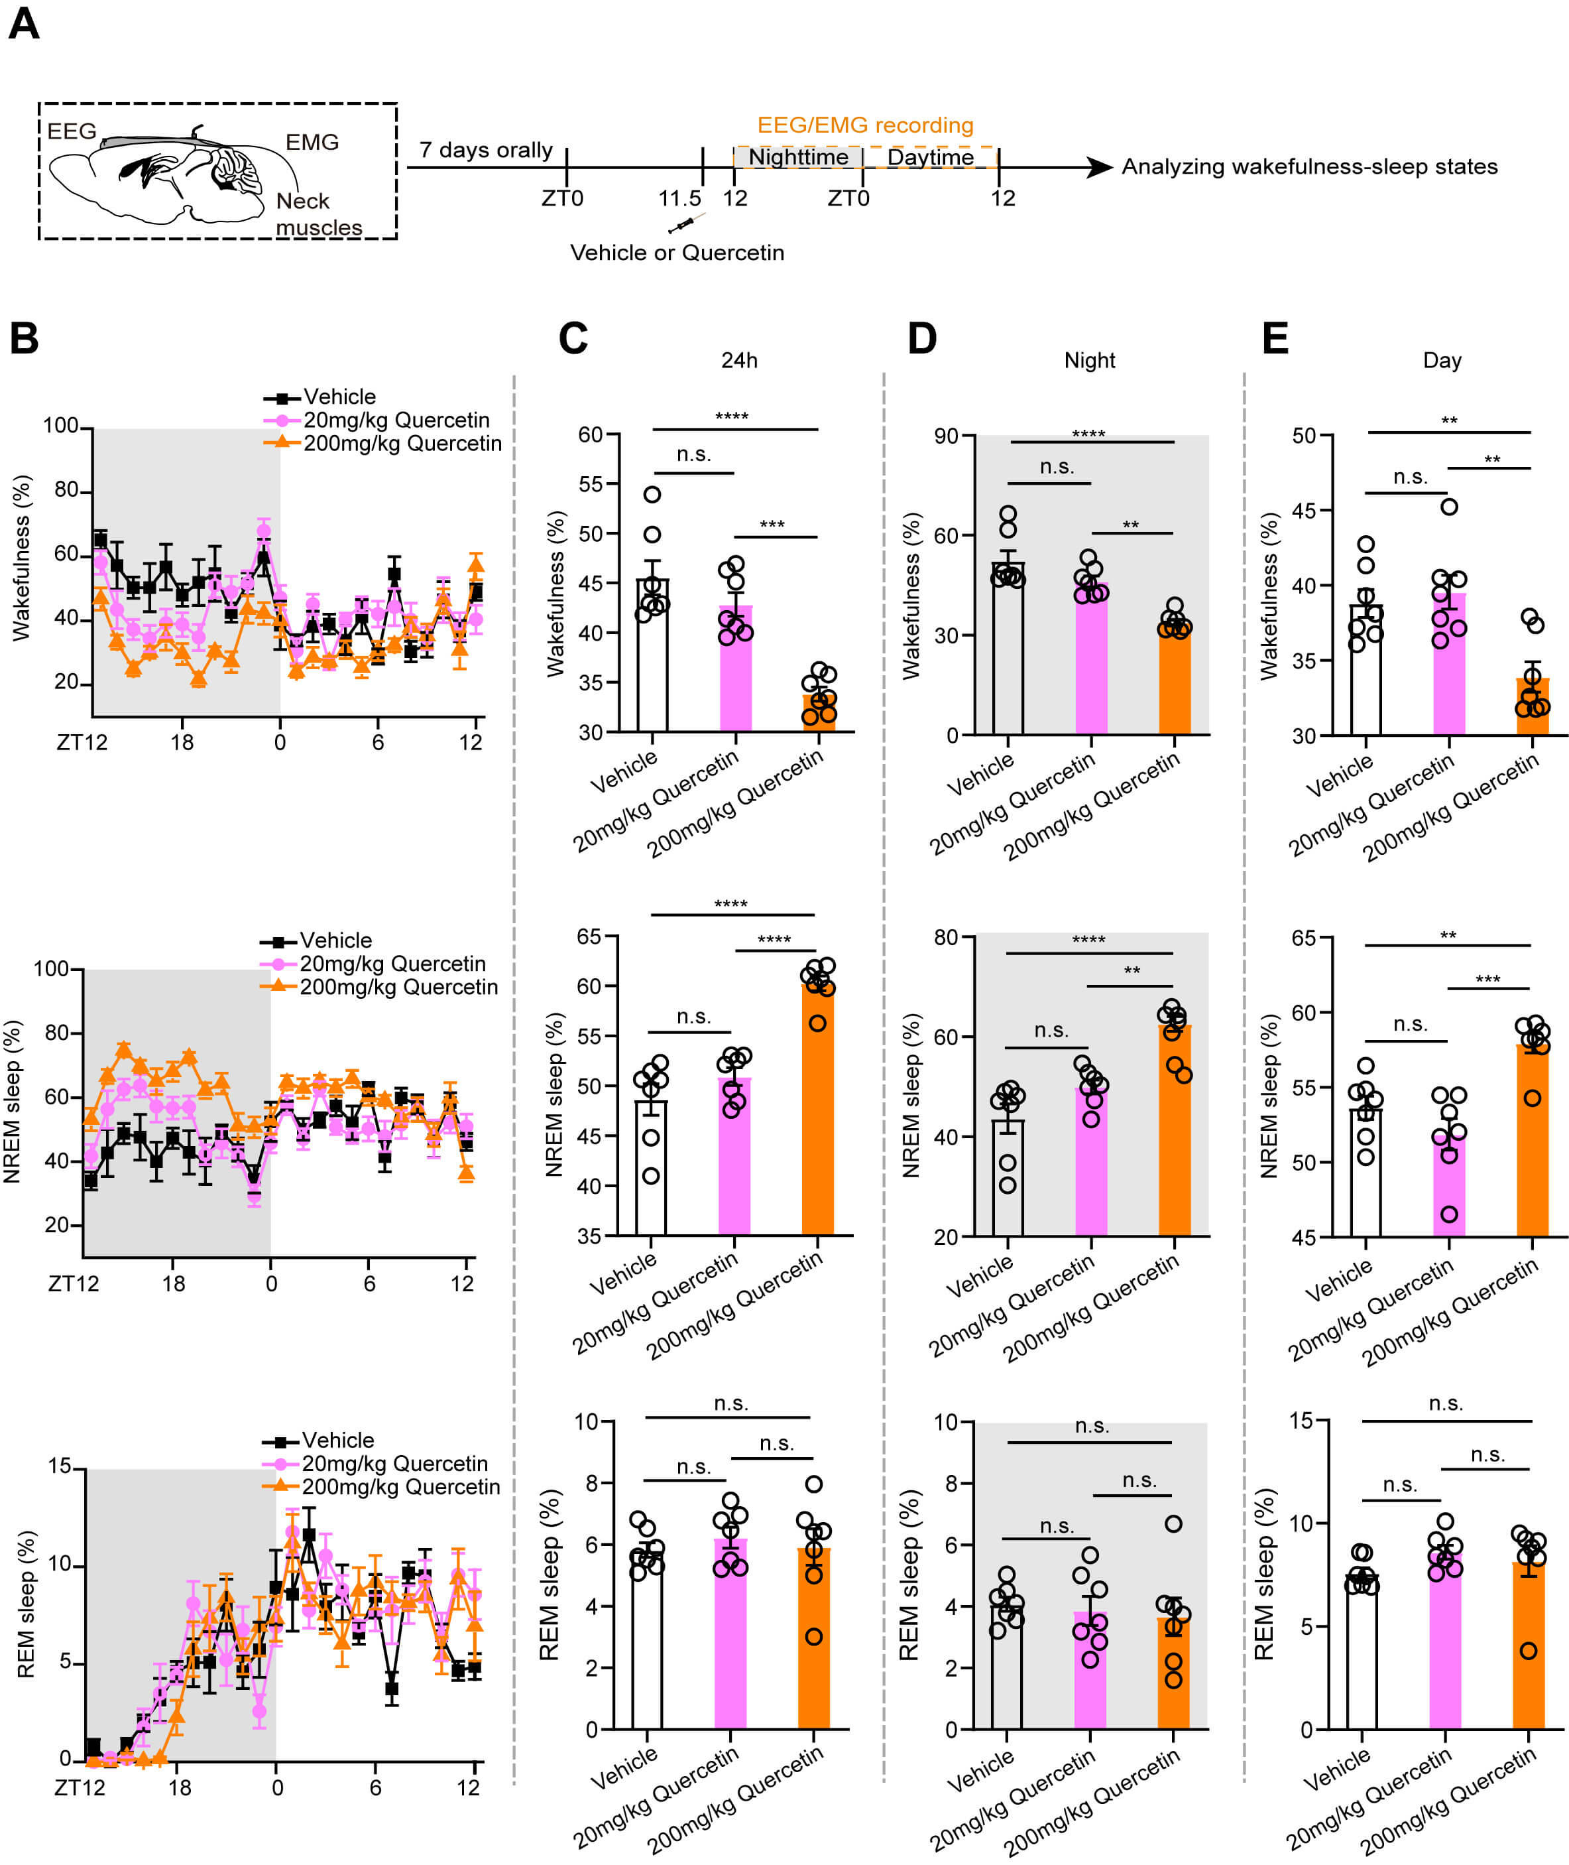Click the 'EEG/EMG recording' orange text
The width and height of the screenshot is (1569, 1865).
(x=864, y=125)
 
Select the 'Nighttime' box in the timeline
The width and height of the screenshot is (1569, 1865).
(x=798, y=157)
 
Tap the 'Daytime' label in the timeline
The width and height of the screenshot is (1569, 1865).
(x=931, y=157)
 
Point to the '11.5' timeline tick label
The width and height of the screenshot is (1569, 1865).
(x=679, y=198)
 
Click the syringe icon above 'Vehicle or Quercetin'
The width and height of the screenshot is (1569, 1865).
(x=686, y=224)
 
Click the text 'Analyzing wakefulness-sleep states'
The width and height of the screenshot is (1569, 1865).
(x=1309, y=166)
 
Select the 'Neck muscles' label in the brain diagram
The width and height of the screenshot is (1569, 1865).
(x=318, y=214)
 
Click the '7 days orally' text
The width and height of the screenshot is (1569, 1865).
(x=486, y=151)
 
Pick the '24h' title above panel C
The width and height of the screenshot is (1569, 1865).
(x=739, y=360)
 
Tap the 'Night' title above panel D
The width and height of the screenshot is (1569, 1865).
(x=1090, y=360)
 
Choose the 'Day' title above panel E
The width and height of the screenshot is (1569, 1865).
(x=1442, y=360)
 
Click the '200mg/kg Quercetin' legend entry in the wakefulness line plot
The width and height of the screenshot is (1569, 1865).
(x=402, y=443)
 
